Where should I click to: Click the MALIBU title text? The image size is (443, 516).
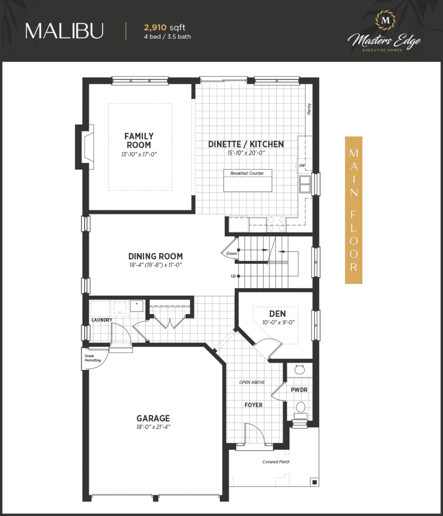(x=64, y=31)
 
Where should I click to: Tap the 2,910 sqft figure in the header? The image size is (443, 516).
(x=165, y=28)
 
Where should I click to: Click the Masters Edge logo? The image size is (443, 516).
(x=385, y=32)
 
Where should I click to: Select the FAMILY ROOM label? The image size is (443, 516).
(x=139, y=141)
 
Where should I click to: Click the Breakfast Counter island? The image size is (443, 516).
(x=247, y=180)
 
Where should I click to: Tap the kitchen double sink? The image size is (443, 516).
(x=305, y=184)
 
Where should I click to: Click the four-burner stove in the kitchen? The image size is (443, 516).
(x=277, y=224)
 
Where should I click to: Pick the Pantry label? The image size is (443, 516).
(x=309, y=109)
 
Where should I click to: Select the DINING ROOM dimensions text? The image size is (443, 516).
(x=155, y=265)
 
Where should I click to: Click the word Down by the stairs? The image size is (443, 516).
(x=232, y=253)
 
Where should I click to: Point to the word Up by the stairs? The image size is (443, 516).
(x=233, y=276)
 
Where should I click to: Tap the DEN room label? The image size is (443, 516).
(x=278, y=314)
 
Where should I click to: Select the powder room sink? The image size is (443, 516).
(x=299, y=369)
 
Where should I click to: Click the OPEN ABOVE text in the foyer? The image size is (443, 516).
(x=252, y=382)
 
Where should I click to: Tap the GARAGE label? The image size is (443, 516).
(x=153, y=418)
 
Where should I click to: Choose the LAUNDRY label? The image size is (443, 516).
(x=102, y=320)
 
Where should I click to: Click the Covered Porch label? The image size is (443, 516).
(x=276, y=462)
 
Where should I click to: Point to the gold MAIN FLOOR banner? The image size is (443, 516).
(x=353, y=210)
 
